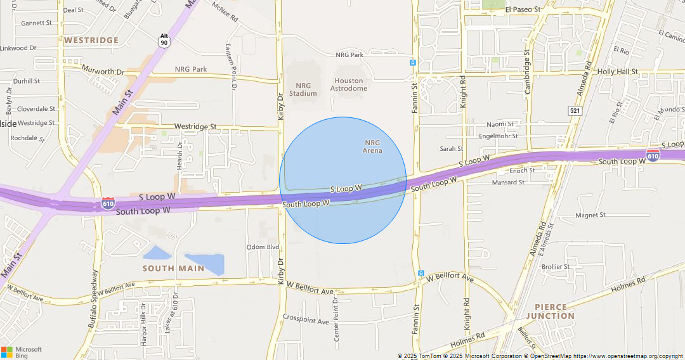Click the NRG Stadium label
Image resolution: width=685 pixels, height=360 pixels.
pyautogui.click(x=303, y=89)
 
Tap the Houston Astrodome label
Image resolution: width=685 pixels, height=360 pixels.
pyautogui.click(x=349, y=84)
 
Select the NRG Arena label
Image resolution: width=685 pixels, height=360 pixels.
pyautogui.click(x=372, y=146)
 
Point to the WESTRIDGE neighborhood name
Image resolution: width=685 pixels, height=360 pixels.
pyautogui.click(x=91, y=40)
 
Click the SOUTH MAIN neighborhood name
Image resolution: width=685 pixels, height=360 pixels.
pyautogui.click(x=173, y=268)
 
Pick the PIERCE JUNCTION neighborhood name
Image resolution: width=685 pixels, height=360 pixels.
pyautogui.click(x=550, y=311)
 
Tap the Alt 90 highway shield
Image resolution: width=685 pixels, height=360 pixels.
pyautogui.click(x=164, y=39)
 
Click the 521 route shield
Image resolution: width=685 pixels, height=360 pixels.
pyautogui.click(x=575, y=111)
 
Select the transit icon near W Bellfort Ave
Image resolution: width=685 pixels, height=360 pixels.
pyautogui.click(x=421, y=273)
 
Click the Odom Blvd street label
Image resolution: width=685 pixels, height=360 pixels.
pyautogui.click(x=263, y=247)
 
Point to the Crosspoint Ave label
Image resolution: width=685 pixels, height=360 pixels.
pyautogui.click(x=306, y=319)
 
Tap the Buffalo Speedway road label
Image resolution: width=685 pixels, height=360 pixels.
pyautogui.click(x=94, y=299)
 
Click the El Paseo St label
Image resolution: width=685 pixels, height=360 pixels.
pyautogui.click(x=523, y=10)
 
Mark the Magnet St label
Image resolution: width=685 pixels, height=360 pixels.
pyautogui.click(x=590, y=215)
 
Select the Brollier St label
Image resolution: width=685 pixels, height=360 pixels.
pyautogui.click(x=556, y=267)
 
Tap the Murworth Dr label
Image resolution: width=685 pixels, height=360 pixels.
pyautogui.click(x=102, y=71)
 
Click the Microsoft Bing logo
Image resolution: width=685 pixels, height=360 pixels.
pyautogui.click(x=22, y=352)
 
